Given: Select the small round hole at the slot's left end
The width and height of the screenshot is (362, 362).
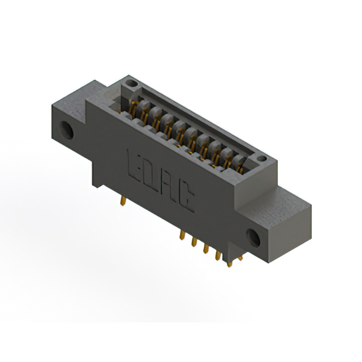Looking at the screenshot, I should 132,84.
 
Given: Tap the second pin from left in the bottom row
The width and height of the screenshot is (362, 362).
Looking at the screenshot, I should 194,243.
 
